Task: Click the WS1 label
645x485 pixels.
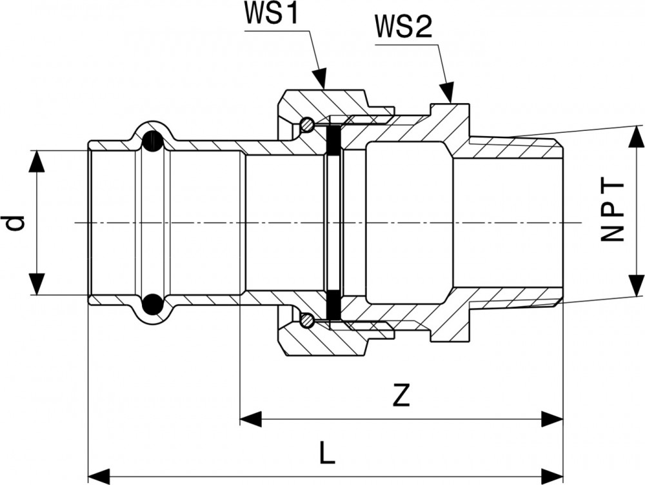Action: (271, 15)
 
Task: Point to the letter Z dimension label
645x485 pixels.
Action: (401, 396)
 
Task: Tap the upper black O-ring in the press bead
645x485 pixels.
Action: (152, 141)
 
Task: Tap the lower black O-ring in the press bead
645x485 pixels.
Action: (152, 303)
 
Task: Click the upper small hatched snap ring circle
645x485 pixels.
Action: (308, 124)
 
